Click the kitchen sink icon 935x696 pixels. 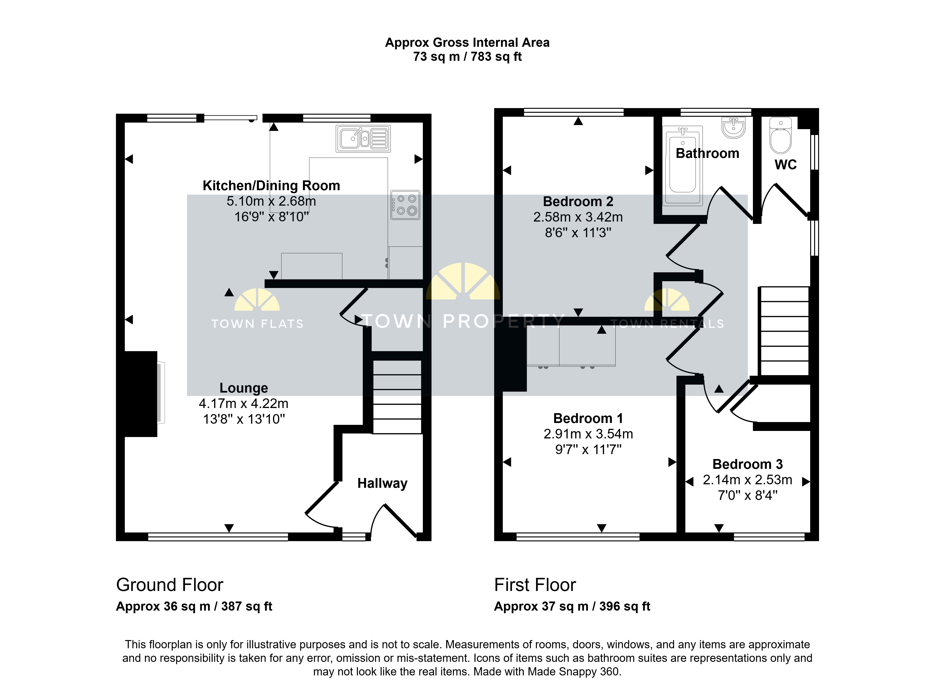click(363, 138)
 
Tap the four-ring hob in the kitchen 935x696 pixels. click(405, 205)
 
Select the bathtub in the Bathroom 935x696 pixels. click(682, 166)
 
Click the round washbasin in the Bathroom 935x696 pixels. click(733, 127)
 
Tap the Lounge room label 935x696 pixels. click(244, 388)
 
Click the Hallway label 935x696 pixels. click(382, 483)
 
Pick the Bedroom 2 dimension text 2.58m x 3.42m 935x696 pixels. click(578, 217)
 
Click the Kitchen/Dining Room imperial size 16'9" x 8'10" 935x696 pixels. click(272, 217)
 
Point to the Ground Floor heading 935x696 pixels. click(170, 585)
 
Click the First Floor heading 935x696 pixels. click(535, 585)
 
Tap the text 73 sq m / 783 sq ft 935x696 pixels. click(467, 56)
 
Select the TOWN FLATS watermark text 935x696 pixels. click(257, 324)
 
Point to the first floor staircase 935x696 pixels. click(784, 331)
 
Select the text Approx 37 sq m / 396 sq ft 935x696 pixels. click(572, 606)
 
